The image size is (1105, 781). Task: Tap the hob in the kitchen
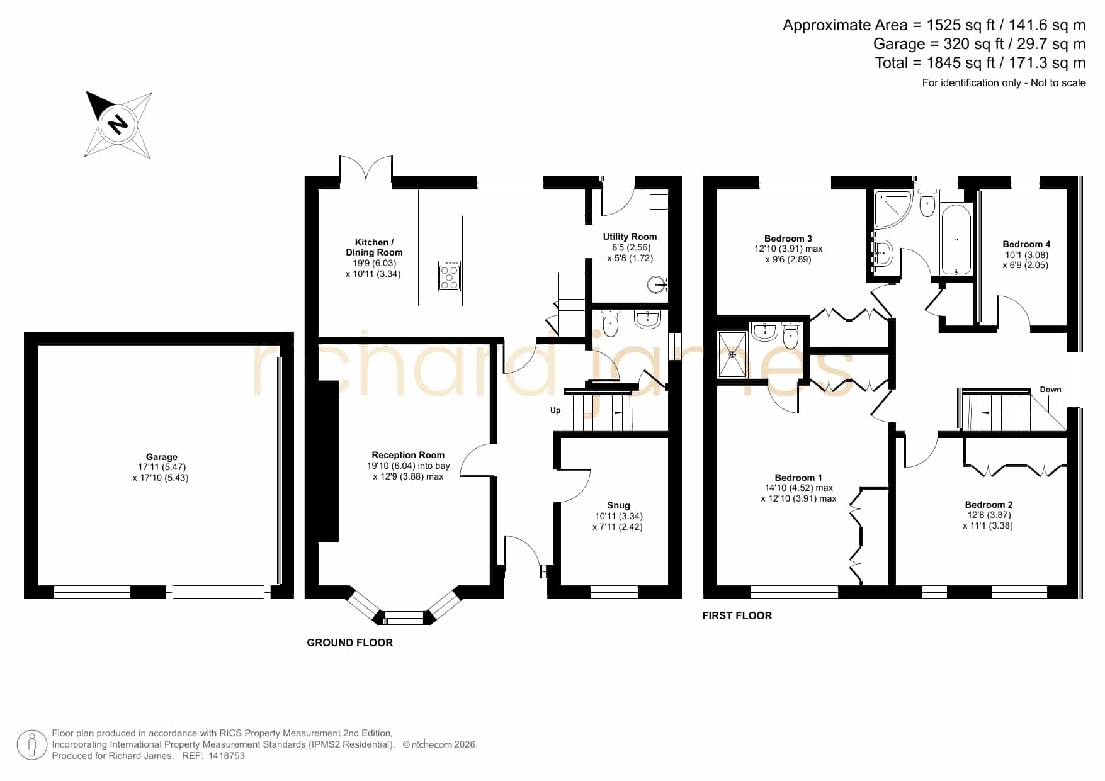click(x=450, y=275)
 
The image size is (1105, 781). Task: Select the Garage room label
click(x=161, y=457)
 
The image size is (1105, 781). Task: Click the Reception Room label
click(x=408, y=455)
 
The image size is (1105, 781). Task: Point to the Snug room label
click(x=618, y=505)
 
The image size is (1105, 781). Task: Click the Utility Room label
click(x=630, y=237)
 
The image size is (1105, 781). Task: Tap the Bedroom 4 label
click(x=1026, y=244)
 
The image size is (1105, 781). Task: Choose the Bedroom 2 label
click(x=989, y=505)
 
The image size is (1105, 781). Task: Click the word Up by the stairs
click(x=555, y=411)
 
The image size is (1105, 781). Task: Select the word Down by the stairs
click(x=1050, y=390)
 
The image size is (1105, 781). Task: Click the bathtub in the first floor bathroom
click(x=956, y=239)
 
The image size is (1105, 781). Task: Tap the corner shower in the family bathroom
click(x=893, y=208)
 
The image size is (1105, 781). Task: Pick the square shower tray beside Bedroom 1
click(x=732, y=354)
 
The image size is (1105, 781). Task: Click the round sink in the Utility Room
click(x=657, y=285)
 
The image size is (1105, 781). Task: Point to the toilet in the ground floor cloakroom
click(x=611, y=323)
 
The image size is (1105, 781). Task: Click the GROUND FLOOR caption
click(x=349, y=643)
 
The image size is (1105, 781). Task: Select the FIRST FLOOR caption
click(x=737, y=615)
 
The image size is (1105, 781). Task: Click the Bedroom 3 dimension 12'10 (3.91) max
click(x=788, y=249)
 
